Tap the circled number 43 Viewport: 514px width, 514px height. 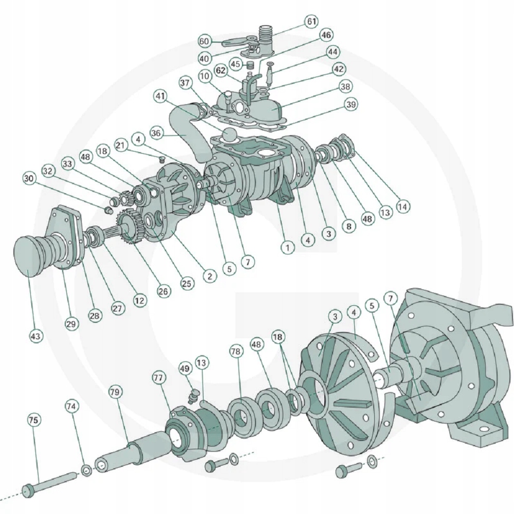coord(35,336)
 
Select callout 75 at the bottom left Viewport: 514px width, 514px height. coord(33,420)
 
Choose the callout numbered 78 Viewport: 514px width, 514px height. coord(235,352)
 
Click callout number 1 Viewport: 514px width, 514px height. coord(288,247)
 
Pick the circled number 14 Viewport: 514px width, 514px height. coord(403,207)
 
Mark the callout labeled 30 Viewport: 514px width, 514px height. coord(29,178)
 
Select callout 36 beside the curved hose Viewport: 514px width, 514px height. coord(157,133)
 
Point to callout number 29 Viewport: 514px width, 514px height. coord(71,324)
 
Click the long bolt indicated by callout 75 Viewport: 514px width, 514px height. coord(51,482)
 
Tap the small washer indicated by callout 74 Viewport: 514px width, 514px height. coord(86,469)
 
